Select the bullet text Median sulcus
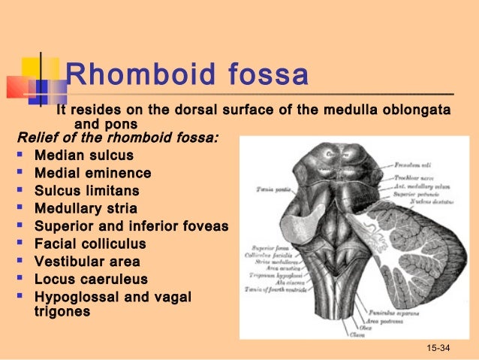tap(84, 156)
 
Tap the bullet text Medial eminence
tap(92, 173)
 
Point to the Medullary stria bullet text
tap(86, 208)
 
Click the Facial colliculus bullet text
tap(90, 244)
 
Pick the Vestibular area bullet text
tap(85, 262)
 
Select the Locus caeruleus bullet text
tap(91, 280)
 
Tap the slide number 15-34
tap(439, 348)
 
